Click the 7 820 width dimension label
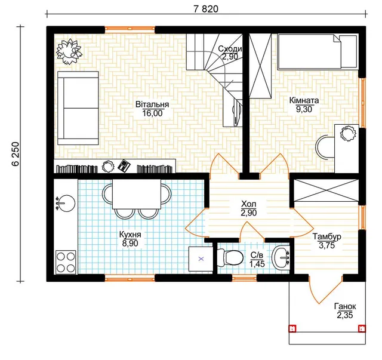[206, 9]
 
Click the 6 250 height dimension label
[15, 154]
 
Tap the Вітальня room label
[152, 104]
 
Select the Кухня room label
[130, 235]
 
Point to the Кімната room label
[304, 100]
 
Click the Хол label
[249, 204]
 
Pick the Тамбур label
[326, 236]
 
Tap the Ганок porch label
[345, 306]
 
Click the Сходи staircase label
[230, 49]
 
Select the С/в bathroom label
[257, 255]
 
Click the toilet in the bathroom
[230, 258]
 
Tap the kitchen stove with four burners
[66, 262]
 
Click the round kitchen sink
[65, 203]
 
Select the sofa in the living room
[78, 108]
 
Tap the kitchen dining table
[137, 194]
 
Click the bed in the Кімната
[318, 51]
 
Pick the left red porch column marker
[292, 328]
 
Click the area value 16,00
[152, 113]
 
